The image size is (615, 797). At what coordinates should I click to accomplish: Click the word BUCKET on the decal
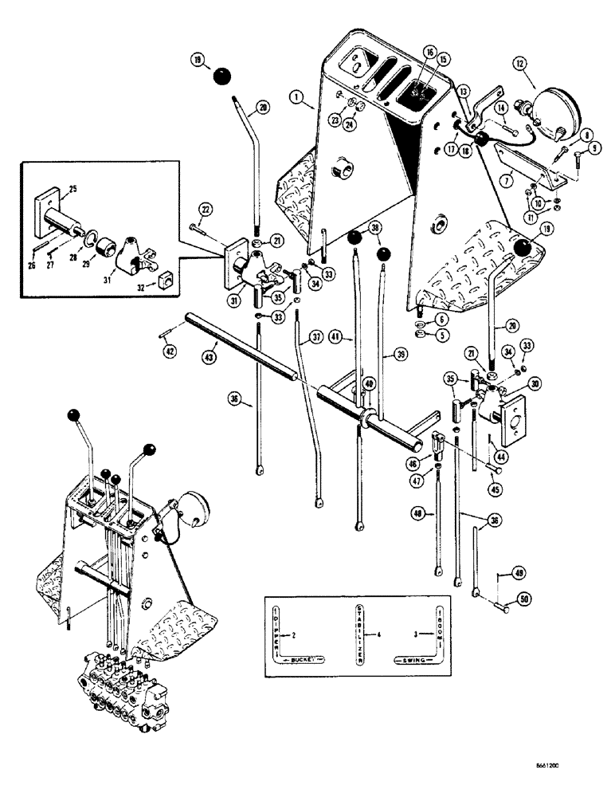(307, 658)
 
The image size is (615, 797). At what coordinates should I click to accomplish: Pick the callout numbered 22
(204, 209)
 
